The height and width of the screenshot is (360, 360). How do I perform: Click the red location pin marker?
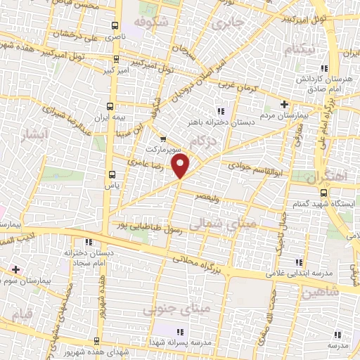tap(181, 167)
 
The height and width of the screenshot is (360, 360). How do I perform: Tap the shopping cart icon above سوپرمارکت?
tap(163, 139)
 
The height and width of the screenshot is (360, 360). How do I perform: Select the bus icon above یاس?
tap(112, 174)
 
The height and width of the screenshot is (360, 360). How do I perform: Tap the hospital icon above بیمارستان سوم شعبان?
tap(14, 269)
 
